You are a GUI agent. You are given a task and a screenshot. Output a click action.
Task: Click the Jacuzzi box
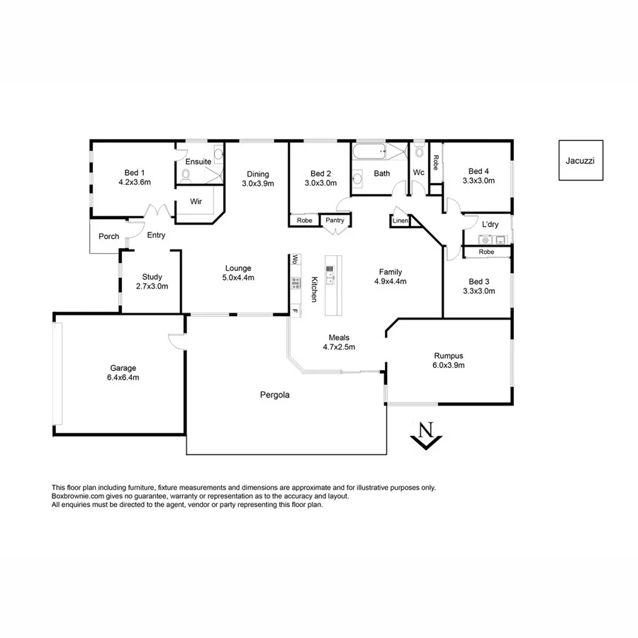pos(580,160)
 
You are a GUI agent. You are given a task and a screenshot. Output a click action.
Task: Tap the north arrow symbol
pos(425,435)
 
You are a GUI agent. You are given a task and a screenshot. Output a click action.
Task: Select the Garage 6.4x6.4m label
pos(124,373)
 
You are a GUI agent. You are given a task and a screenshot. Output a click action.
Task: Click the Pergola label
pos(274,395)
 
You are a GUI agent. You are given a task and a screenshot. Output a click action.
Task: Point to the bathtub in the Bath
pos(369,151)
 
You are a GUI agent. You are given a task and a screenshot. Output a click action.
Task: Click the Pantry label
pos(335,220)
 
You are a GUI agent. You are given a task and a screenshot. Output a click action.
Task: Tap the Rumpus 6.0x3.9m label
pos(449,361)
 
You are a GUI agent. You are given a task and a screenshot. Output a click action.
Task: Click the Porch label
pos(108,236)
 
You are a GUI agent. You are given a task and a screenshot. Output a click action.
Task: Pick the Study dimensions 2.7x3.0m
pos(152,286)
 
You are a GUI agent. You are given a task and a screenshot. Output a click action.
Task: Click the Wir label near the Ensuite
pos(196,201)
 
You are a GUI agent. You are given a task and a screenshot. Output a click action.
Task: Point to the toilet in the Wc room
pos(419,151)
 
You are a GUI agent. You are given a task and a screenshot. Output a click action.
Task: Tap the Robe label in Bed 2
pos(304,220)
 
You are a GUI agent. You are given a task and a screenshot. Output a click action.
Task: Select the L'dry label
pos(489,225)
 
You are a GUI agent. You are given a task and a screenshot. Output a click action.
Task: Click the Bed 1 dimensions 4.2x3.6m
pos(134,182)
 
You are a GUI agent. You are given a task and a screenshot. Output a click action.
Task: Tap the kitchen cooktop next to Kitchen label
pos(295,284)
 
